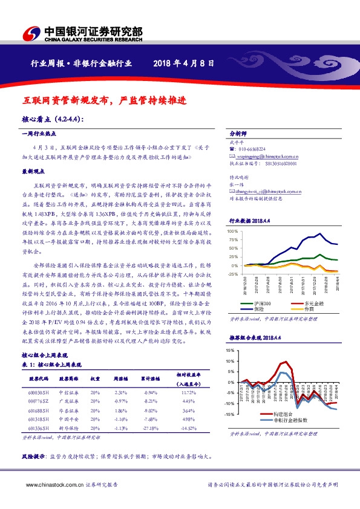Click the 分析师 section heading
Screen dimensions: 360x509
pos(240,133)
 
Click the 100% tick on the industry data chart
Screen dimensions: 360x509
pos(233,232)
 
